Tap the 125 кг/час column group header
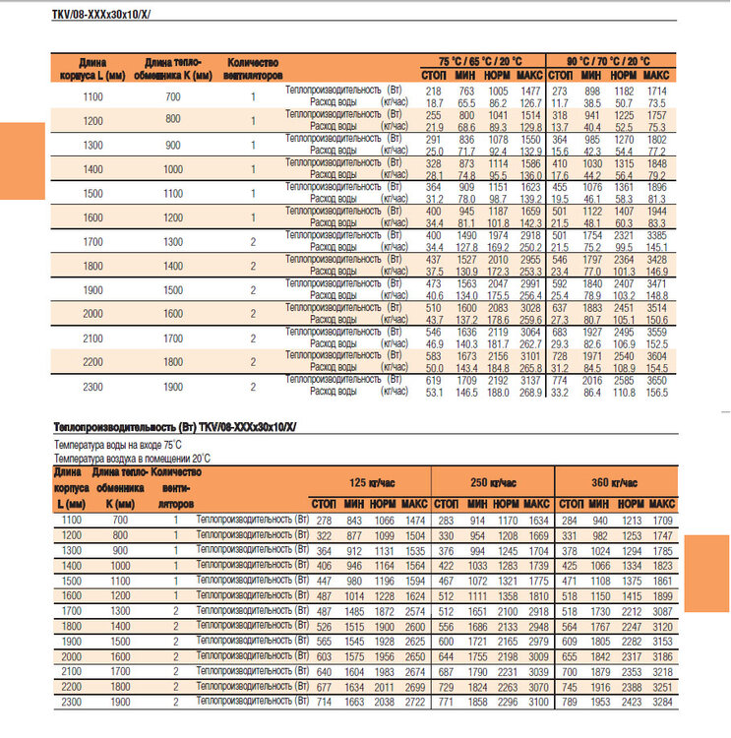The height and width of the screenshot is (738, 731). (369, 482)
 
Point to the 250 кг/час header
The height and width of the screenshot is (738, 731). (492, 482)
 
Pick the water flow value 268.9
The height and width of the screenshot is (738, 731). (530, 392)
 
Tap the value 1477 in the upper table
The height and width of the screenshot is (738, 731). (530, 91)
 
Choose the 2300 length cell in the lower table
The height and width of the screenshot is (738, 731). (73, 704)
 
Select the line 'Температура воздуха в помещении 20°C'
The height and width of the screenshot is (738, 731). (132, 459)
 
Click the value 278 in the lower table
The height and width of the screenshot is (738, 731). (324, 520)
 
